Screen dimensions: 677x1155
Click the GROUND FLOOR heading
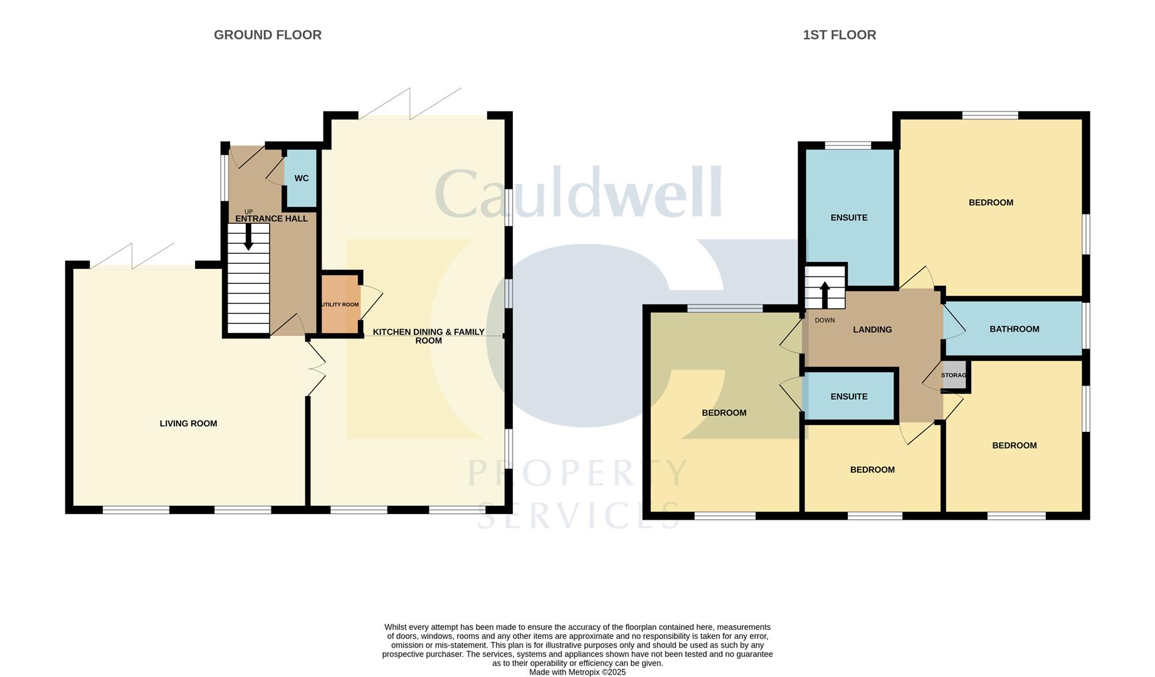coord(268,35)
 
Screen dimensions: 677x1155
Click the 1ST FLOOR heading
coord(839,35)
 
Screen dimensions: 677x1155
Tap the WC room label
coord(302,179)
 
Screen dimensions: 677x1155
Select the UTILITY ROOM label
coord(340,305)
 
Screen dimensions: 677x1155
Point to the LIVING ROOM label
coord(188,424)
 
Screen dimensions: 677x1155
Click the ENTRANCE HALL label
coord(272,219)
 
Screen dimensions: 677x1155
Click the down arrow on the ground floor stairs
coord(248,237)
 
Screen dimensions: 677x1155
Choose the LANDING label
coord(872,330)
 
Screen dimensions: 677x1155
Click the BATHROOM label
coord(1014,329)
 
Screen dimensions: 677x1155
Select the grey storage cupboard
coord(954,375)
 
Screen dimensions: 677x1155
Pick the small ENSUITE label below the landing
coord(849,397)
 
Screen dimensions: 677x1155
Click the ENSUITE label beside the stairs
coord(849,218)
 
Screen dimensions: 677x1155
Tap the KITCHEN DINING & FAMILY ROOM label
coord(429,336)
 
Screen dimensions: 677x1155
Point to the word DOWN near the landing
coord(825,320)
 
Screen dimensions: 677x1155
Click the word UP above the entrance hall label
coord(248,212)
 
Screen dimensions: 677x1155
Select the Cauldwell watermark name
coord(578,192)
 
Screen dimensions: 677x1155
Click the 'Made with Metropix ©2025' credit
coord(577,672)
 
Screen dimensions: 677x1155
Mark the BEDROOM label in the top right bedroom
coord(991,202)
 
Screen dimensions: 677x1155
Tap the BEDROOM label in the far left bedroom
coord(724,413)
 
